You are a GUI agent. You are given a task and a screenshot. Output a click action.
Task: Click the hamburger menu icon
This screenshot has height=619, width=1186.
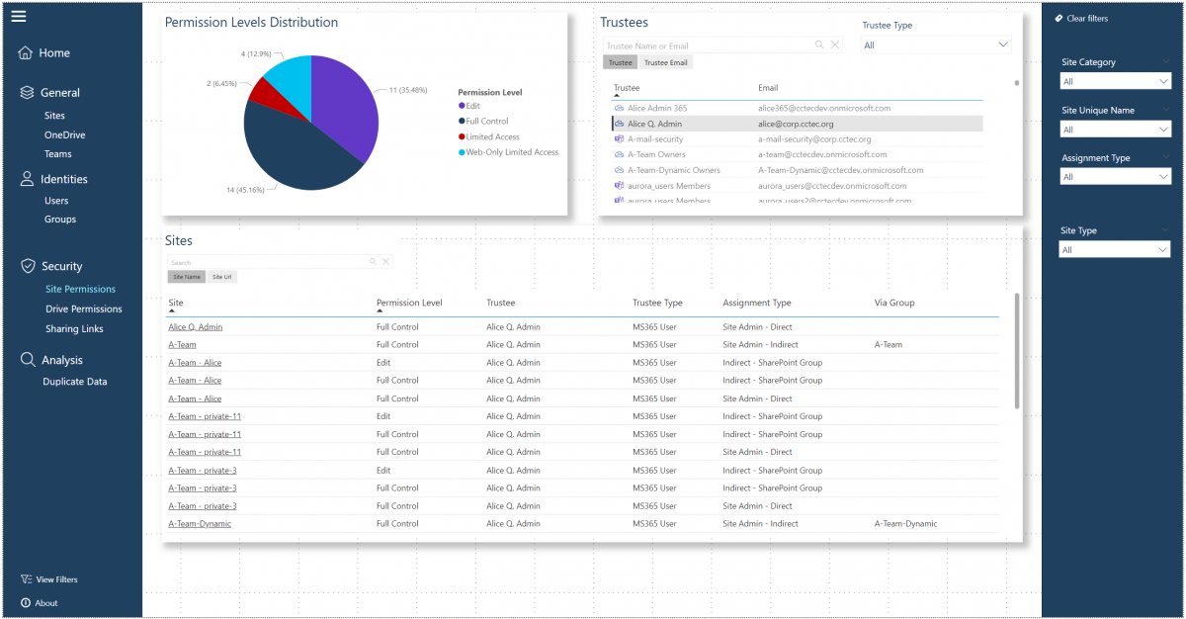point(19,16)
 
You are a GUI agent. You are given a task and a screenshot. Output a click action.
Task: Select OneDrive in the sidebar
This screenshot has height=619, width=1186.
point(64,134)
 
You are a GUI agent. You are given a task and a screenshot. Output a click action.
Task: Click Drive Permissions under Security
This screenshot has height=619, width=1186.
point(84,309)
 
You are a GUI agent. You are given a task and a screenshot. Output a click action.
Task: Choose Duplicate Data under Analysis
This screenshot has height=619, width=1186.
point(74,382)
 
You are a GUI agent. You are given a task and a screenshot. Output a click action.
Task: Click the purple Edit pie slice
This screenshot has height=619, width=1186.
point(341,109)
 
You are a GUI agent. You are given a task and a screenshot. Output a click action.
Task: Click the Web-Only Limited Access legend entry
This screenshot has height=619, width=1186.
point(511,152)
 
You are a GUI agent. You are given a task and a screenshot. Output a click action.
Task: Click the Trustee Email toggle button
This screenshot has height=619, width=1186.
point(665,62)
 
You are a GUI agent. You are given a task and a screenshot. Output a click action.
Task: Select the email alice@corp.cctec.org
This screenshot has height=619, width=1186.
point(796,124)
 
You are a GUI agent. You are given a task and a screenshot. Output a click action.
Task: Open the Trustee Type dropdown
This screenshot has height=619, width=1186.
point(936,44)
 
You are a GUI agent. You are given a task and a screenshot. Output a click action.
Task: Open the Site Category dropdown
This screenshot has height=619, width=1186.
point(1115,82)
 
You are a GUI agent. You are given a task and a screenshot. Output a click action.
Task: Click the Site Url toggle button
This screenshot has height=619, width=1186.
point(222,277)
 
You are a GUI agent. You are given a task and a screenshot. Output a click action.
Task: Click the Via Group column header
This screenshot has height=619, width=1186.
point(894,303)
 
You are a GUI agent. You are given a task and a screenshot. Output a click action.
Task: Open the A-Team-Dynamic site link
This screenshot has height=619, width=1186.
point(200,524)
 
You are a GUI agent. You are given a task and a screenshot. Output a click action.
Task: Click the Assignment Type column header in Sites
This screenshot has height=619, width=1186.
point(756,303)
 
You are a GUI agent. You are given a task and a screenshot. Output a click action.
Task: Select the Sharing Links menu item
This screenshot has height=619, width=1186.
point(74,329)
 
